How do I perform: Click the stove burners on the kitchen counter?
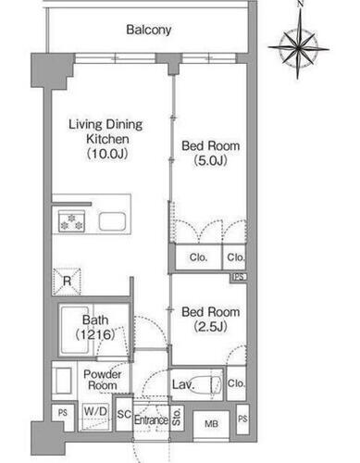point(71,221)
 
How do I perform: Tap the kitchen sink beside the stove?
point(114,221)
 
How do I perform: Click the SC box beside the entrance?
point(123,412)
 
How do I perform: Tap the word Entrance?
point(150,419)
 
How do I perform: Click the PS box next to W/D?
point(62,413)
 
